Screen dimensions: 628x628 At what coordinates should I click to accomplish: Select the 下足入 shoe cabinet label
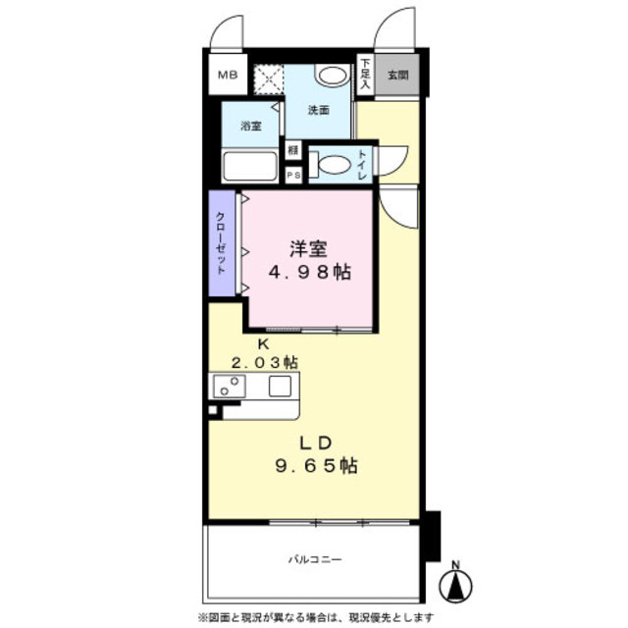(x=363, y=74)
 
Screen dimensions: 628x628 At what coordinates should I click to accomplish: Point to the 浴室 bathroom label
(x=251, y=127)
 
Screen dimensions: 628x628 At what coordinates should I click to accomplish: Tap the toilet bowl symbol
(x=333, y=165)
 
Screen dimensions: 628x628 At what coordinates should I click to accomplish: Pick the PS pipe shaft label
(x=292, y=175)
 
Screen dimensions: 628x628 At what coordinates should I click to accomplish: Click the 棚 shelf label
(x=292, y=150)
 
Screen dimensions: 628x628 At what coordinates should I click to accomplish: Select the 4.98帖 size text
(x=310, y=272)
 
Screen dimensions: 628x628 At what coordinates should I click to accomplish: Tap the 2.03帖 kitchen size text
(x=262, y=362)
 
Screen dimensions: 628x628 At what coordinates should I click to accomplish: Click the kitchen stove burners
(x=229, y=386)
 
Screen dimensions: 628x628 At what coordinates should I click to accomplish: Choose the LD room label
(x=313, y=440)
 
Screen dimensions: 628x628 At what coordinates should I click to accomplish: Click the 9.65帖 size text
(x=314, y=466)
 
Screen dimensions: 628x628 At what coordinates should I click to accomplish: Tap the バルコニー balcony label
(x=314, y=559)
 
